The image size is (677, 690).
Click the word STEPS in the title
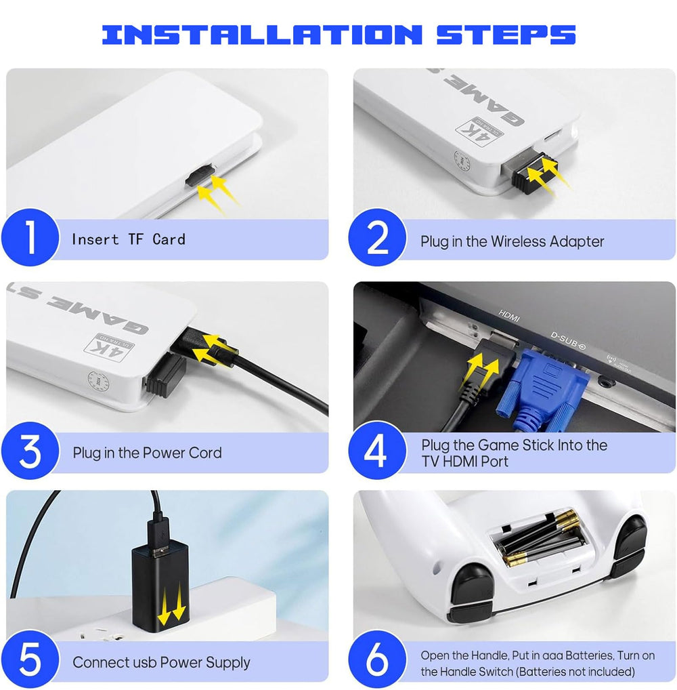pyautogui.click(x=506, y=35)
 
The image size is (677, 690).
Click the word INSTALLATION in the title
pyautogui.click(x=262, y=35)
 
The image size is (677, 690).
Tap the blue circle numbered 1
pyautogui.click(x=30, y=237)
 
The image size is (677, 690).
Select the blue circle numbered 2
pyautogui.click(x=377, y=237)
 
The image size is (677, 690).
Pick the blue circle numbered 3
pyautogui.click(x=30, y=451)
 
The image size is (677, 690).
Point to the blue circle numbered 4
pyautogui.click(x=377, y=451)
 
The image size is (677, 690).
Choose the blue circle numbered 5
pyautogui.click(x=30, y=659)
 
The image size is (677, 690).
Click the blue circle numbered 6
pyautogui.click(x=377, y=659)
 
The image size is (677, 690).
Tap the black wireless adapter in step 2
pyautogui.click(x=533, y=172)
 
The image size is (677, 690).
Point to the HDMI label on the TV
pyautogui.click(x=508, y=315)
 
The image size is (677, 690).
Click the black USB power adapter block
pyautogui.click(x=160, y=585)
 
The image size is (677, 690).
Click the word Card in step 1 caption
pyautogui.click(x=169, y=239)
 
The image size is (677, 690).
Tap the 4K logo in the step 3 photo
pyautogui.click(x=108, y=347)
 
